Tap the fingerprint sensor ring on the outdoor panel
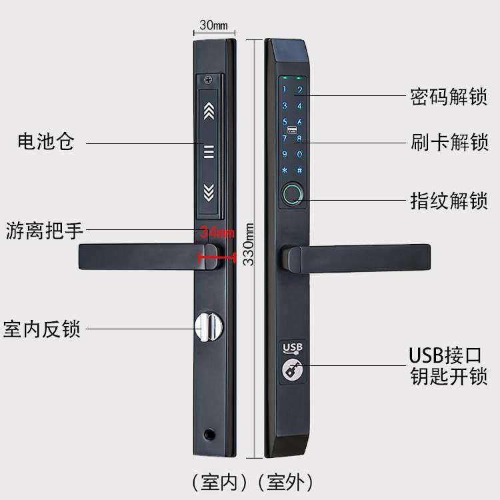[292, 194]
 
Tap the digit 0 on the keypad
[299, 155]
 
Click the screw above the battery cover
[210, 81]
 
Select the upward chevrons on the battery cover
[209, 110]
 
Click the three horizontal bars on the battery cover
[209, 152]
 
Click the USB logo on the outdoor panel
[292, 347]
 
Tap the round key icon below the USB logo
[291, 369]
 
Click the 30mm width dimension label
[213, 26]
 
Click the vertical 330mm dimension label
[248, 243]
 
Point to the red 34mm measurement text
[217, 233]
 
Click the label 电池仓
[45, 142]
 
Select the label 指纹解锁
[449, 200]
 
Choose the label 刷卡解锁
[449, 142]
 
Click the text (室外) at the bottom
[289, 481]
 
